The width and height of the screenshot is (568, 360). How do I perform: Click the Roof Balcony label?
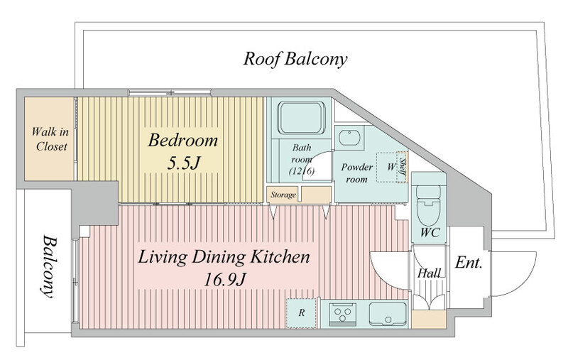[295, 59]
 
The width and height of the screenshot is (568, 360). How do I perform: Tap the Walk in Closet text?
[50, 138]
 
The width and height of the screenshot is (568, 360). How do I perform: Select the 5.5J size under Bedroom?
[183, 164]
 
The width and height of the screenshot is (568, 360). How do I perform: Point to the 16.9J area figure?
[224, 279]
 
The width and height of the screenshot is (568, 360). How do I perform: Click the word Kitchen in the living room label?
[280, 257]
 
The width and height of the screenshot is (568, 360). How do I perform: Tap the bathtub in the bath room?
[301, 118]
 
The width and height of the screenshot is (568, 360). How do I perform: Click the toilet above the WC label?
[429, 204]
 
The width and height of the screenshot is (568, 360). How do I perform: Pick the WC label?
[430, 232]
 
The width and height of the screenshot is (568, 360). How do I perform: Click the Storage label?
[283, 195]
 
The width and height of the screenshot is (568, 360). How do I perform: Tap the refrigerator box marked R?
[301, 313]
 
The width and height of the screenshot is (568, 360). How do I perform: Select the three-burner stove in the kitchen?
[342, 314]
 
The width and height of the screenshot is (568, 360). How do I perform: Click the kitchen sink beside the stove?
[388, 314]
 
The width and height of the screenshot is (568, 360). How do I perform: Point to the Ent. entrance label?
[469, 263]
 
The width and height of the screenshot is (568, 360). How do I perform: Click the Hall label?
[430, 273]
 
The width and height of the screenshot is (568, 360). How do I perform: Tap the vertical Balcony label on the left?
[48, 267]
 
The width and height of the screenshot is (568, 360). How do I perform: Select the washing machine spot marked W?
[391, 167]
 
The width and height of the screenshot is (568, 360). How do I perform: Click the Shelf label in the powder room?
[403, 168]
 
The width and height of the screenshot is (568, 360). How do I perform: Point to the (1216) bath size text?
[301, 171]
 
